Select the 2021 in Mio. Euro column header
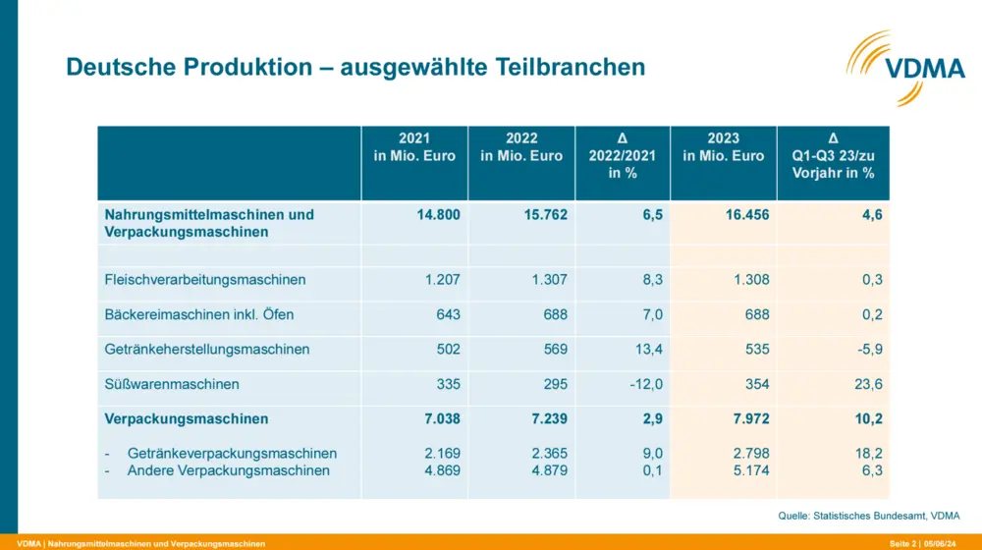pyautogui.click(x=414, y=147)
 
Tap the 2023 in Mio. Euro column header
pyautogui.click(x=723, y=147)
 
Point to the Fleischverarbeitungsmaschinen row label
pyautogui.click(x=205, y=280)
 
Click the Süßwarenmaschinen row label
pyautogui.click(x=172, y=384)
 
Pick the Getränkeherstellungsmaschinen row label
pyautogui.click(x=207, y=350)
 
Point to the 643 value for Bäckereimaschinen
pyautogui.click(x=445, y=315)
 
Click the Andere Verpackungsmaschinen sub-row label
pyautogui.click(x=229, y=470)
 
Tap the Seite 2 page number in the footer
pyautogui.click(x=903, y=543)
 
